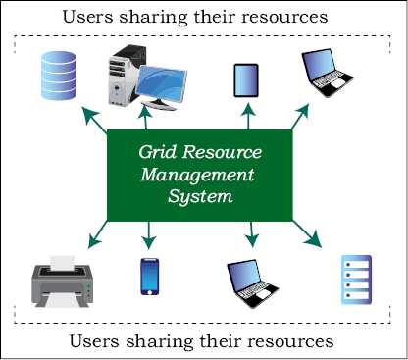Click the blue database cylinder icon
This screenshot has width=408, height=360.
(x=59, y=76)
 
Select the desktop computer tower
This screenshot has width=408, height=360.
(x=126, y=75)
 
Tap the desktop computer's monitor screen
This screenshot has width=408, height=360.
(x=162, y=83)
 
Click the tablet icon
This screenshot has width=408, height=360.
(x=246, y=80)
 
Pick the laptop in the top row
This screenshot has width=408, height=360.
(x=327, y=73)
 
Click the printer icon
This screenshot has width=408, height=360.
(x=62, y=282)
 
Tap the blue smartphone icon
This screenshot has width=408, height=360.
(x=150, y=277)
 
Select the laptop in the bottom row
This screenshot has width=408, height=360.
(x=252, y=283)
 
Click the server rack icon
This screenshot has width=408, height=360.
(x=356, y=280)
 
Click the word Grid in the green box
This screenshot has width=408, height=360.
(x=158, y=152)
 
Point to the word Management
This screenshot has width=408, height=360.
(x=197, y=175)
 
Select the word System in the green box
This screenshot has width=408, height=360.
(x=200, y=196)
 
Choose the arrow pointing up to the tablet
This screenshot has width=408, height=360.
(x=248, y=116)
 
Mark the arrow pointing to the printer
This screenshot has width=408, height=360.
(x=98, y=234)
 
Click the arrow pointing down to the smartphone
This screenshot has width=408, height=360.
(x=149, y=235)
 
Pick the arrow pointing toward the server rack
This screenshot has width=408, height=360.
(x=307, y=233)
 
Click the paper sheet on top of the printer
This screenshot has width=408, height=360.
(x=62, y=263)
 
